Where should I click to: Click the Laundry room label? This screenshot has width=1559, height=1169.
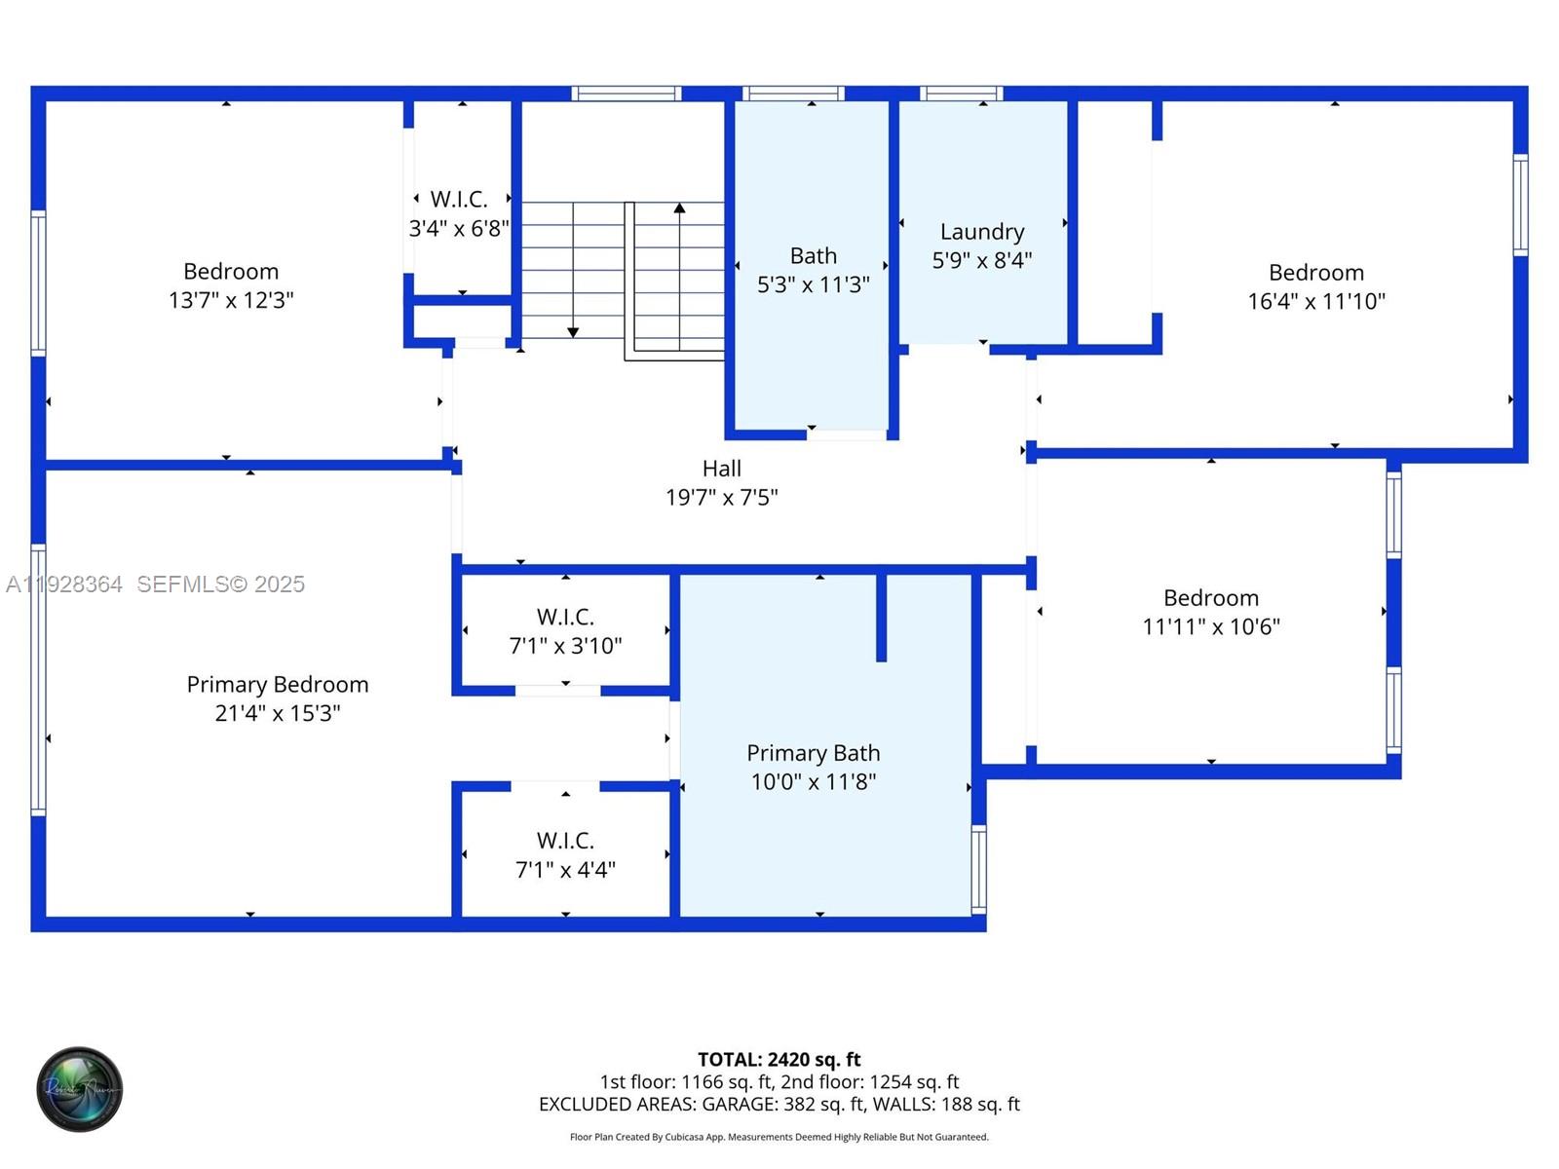(981, 232)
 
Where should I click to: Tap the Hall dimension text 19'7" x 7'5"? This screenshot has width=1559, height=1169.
(721, 498)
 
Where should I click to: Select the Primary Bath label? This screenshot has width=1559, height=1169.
(813, 753)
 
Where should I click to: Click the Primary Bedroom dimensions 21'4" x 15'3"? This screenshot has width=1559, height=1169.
(278, 713)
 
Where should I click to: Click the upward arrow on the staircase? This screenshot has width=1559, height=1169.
(679, 207)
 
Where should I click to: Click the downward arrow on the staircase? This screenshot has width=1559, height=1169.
(573, 332)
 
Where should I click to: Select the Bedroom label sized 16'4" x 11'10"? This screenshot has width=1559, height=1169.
(1315, 273)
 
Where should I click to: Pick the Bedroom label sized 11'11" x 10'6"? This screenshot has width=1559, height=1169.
(1210, 598)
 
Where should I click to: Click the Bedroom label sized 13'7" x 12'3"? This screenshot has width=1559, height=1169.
(231, 272)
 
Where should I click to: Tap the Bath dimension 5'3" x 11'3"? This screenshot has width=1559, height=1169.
(813, 284)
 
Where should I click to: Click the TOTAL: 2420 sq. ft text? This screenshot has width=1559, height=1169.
(779, 1059)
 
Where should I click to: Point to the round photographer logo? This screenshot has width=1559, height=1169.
(80, 1089)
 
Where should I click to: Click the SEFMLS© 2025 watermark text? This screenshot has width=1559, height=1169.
(220, 584)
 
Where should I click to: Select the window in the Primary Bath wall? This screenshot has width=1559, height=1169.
(978, 868)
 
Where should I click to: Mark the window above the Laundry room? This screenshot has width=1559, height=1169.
(961, 94)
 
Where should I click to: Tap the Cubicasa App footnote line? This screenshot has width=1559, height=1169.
(779, 1137)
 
